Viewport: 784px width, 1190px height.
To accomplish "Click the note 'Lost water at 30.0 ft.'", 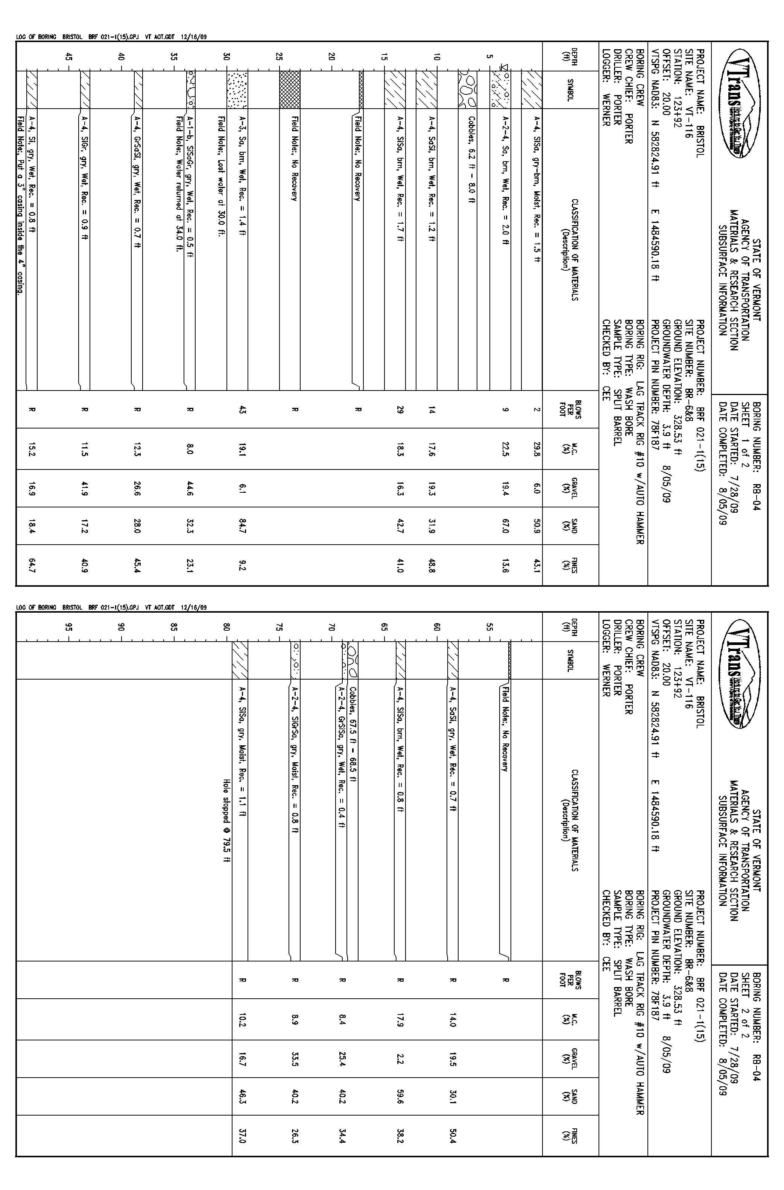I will [x=220, y=177].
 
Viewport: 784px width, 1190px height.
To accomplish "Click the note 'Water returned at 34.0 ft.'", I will [x=179, y=184].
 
